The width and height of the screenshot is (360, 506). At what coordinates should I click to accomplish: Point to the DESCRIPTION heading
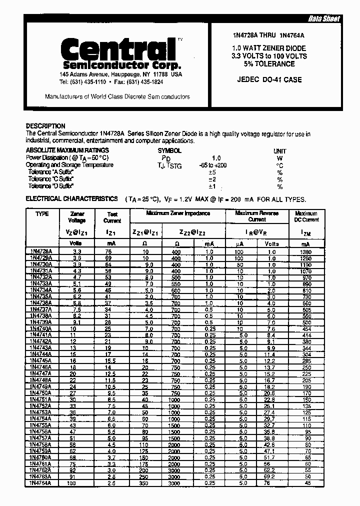click(45, 126)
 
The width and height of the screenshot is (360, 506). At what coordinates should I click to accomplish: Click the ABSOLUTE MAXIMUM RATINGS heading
click(67, 150)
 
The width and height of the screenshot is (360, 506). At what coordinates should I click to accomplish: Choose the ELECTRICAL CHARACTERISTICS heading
click(71, 198)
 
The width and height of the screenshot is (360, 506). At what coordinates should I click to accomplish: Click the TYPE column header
click(42, 213)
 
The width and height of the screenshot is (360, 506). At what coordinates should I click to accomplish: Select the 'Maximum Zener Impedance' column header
click(177, 213)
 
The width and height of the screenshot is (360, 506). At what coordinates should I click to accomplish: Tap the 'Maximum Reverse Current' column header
click(257, 216)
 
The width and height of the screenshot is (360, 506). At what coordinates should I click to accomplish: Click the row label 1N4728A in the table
click(42, 251)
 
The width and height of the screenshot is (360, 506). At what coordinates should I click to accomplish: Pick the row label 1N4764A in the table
click(42, 483)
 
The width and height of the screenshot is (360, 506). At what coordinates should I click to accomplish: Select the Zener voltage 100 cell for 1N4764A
click(77, 483)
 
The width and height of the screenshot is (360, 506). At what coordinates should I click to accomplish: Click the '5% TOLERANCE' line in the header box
click(270, 64)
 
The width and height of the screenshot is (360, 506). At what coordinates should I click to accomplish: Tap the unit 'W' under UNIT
click(279, 157)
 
